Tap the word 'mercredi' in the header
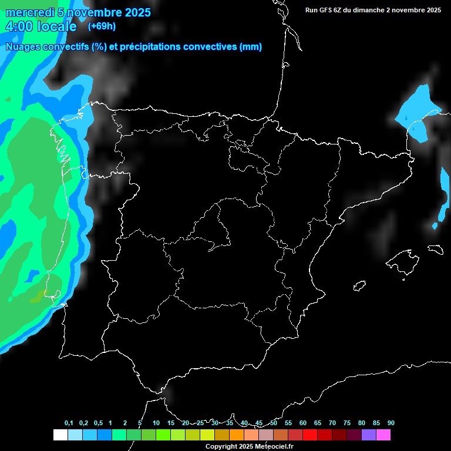[29, 12]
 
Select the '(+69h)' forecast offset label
[102, 26]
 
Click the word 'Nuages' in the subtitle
[23, 46]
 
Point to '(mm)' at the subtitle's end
[251, 46]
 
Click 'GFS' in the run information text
[327, 10]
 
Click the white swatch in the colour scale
[60, 435]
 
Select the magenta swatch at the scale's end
[383, 435]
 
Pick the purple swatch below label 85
[368, 435]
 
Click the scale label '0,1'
[69, 423]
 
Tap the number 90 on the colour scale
[391, 423]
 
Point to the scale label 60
[302, 423]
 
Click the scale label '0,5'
[98, 423]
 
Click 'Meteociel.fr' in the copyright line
[272, 447]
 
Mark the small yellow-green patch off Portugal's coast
[38, 297]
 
